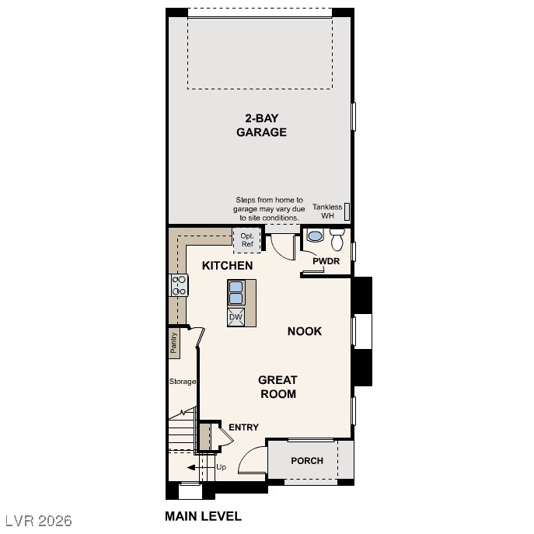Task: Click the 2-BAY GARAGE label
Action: click(261, 125)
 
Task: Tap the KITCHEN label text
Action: click(227, 266)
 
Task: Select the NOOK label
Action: click(304, 331)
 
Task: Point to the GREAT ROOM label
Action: click(277, 387)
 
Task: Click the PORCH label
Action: click(307, 461)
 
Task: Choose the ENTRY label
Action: click(243, 428)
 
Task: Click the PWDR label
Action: click(326, 261)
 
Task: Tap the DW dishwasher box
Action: click(236, 317)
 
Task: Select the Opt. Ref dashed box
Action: click(247, 240)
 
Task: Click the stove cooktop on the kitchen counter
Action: click(180, 285)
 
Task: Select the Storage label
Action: click(183, 382)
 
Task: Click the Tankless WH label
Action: click(326, 211)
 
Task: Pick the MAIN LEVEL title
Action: click(203, 516)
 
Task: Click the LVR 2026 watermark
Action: click(38, 518)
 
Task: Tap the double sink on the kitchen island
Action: click(236, 292)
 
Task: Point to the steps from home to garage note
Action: click(269, 209)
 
